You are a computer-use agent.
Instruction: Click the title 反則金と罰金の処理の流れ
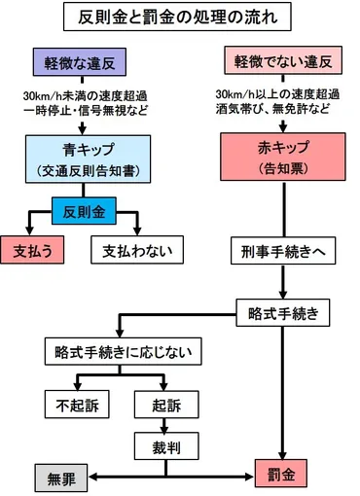[180, 18]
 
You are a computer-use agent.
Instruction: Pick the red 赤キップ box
[281, 160]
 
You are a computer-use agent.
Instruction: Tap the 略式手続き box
[281, 313]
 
